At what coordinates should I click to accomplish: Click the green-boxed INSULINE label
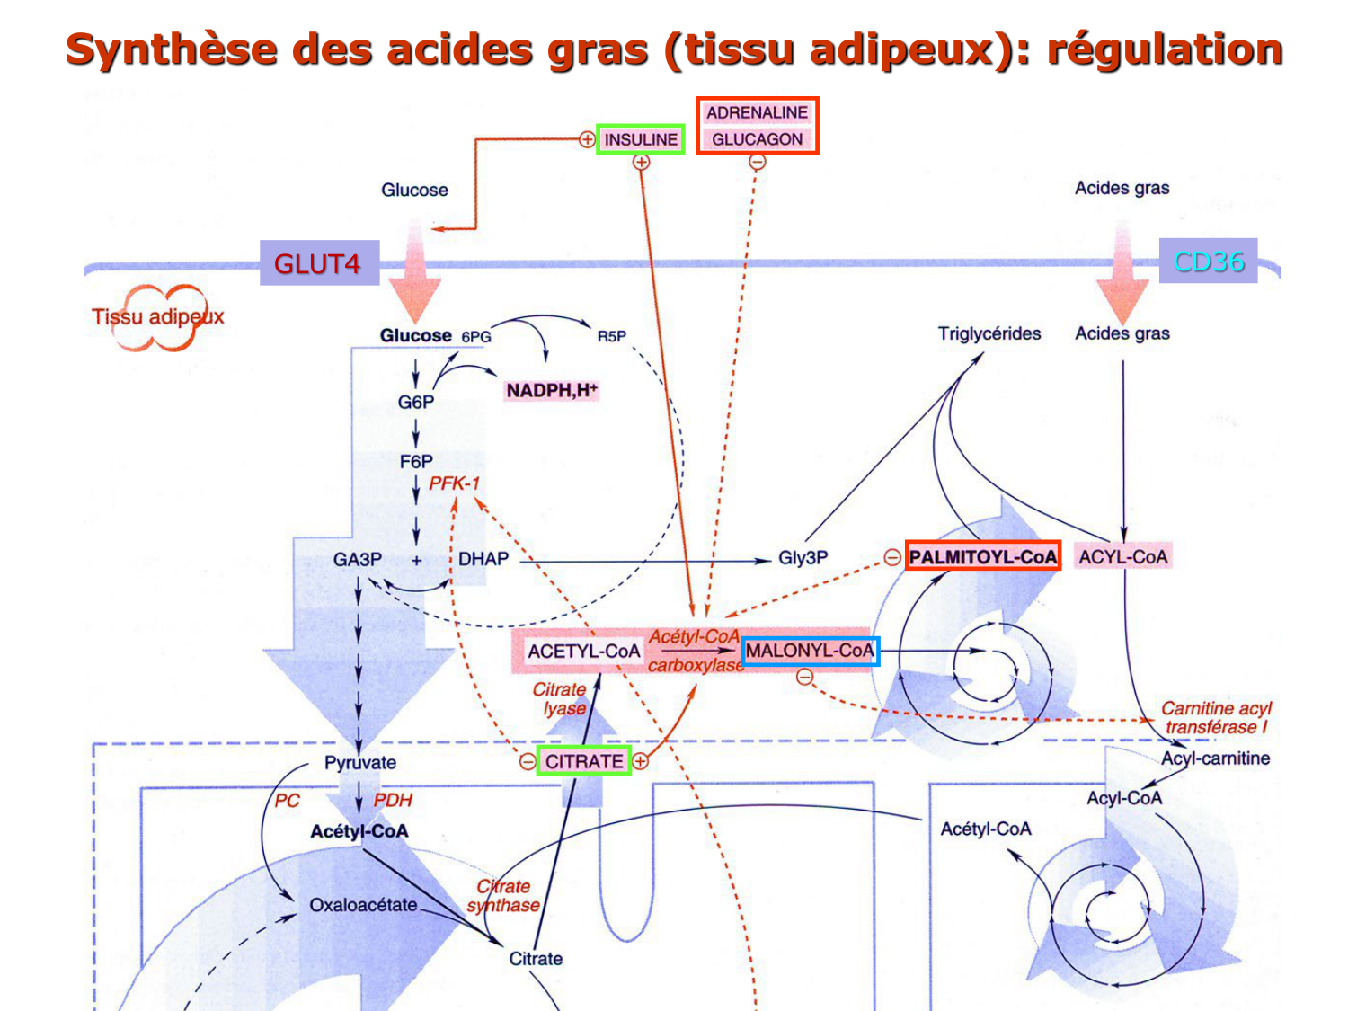point(640,139)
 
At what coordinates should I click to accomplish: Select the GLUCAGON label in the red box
point(757,139)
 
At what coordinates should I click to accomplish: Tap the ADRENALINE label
point(757,112)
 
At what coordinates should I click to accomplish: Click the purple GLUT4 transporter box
point(319,263)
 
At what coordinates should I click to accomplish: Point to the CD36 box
point(1208,262)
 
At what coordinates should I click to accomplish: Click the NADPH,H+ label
point(551,390)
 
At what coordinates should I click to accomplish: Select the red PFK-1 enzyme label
point(454,483)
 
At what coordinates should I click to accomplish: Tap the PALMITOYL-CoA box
point(982,556)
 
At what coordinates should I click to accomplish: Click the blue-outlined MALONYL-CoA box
point(810,651)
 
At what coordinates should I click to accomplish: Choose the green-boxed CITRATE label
point(584,761)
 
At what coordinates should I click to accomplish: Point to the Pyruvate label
point(359,763)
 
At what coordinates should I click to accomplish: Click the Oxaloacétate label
point(363,905)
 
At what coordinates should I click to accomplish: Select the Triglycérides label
point(989,333)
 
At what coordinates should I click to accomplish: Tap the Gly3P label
point(803,558)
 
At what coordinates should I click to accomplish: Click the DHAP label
point(483,559)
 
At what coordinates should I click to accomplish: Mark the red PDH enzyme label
point(393,800)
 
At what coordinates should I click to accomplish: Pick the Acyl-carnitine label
point(1215,758)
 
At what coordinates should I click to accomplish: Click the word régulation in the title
point(1165,49)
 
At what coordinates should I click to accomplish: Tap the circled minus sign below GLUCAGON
point(758,163)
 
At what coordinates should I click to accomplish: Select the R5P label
point(611,336)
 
